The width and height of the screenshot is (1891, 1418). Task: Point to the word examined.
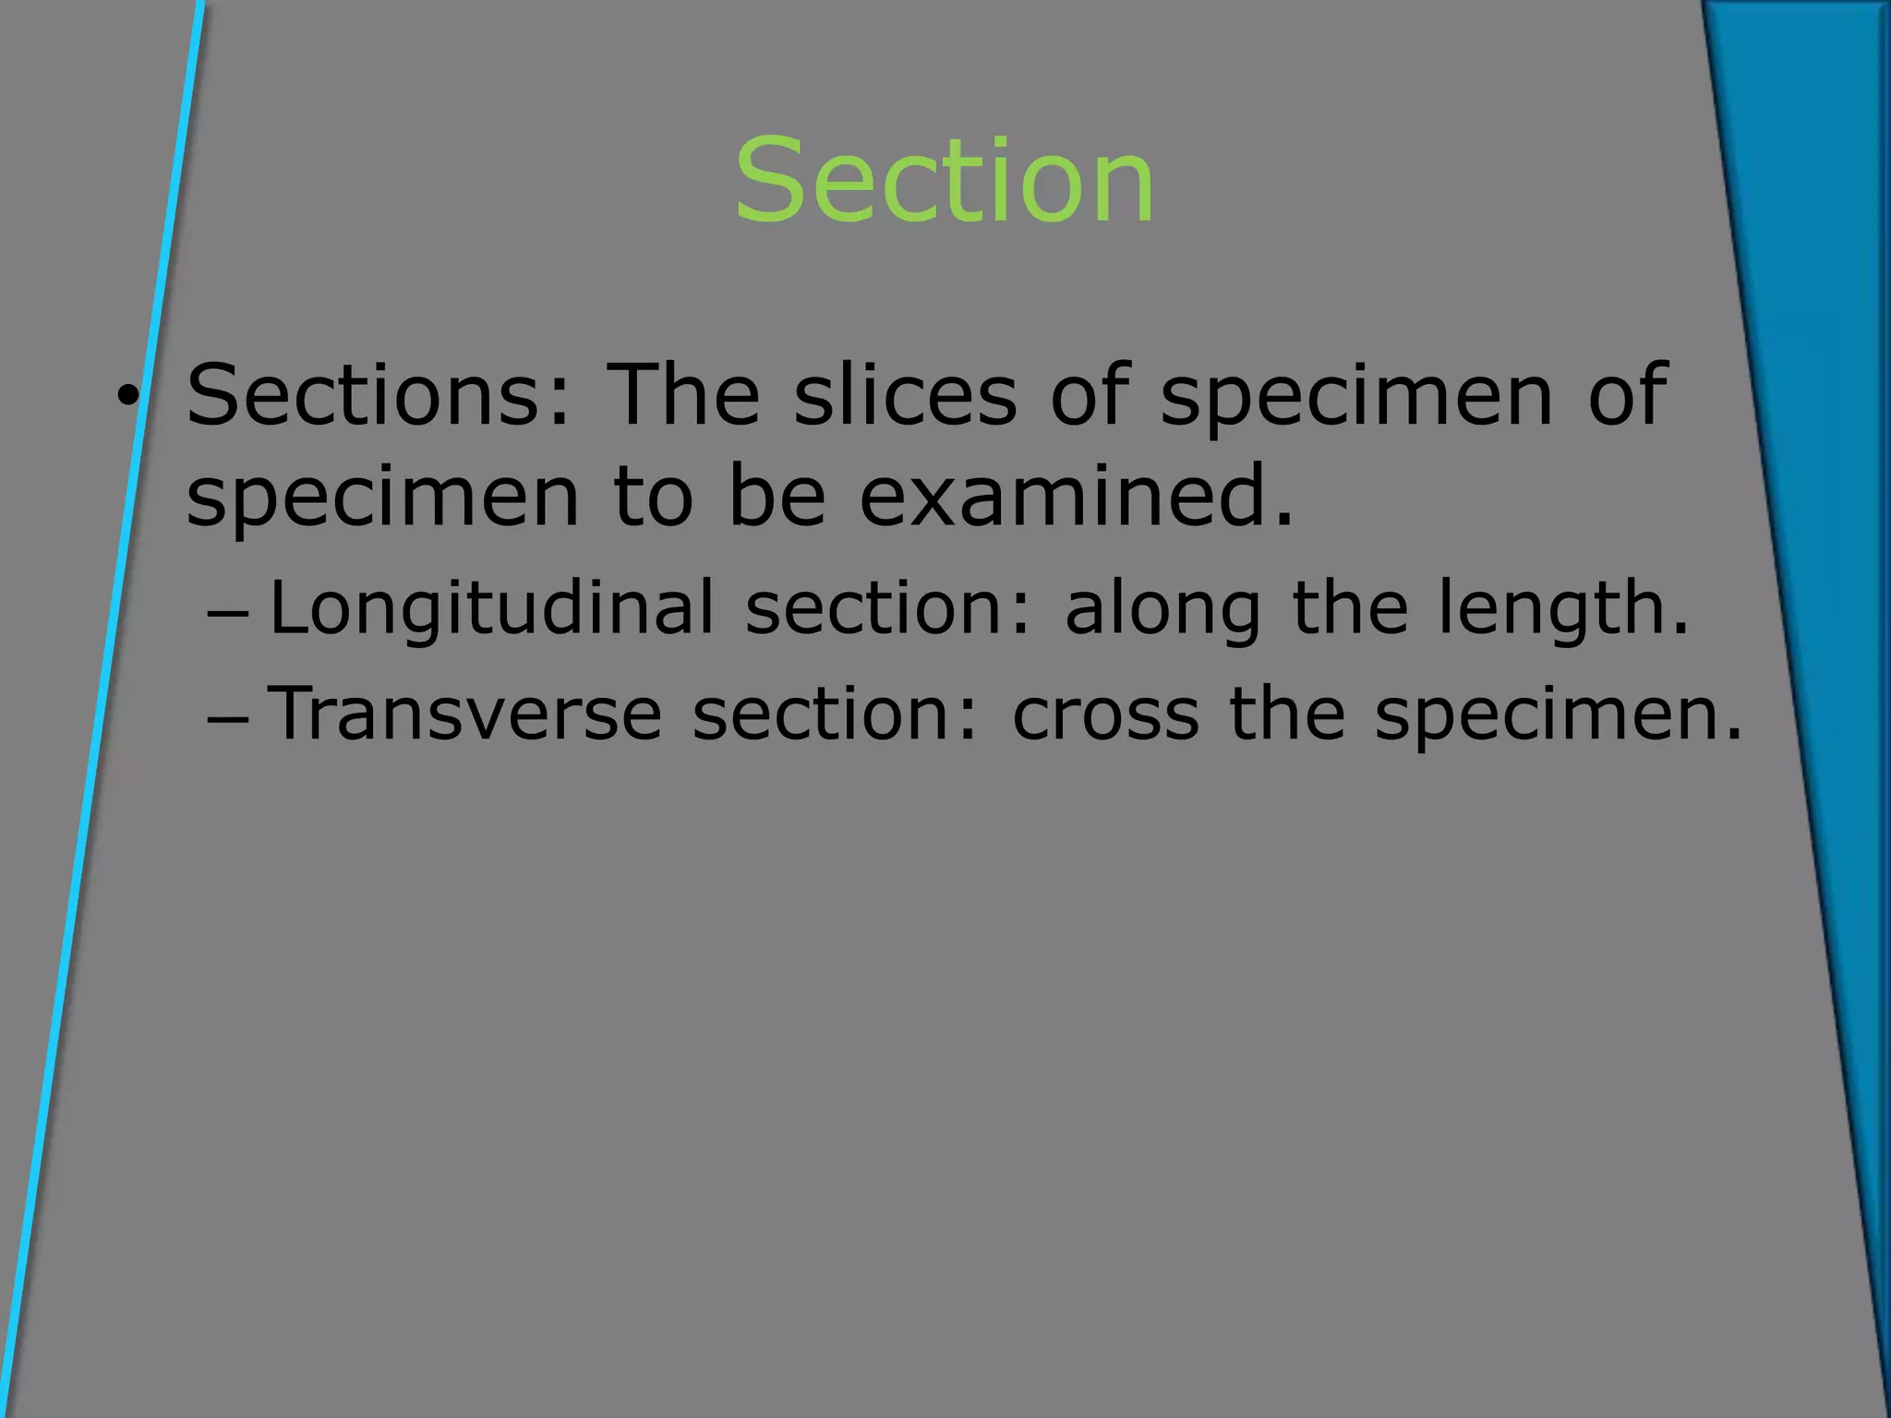(1077, 497)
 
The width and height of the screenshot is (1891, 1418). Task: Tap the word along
(1162, 609)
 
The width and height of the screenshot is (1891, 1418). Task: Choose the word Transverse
(465, 714)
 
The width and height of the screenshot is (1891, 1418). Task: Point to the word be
(777, 497)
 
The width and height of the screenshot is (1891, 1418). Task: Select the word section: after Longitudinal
(887, 609)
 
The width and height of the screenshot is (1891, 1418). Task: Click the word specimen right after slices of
(1356, 397)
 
